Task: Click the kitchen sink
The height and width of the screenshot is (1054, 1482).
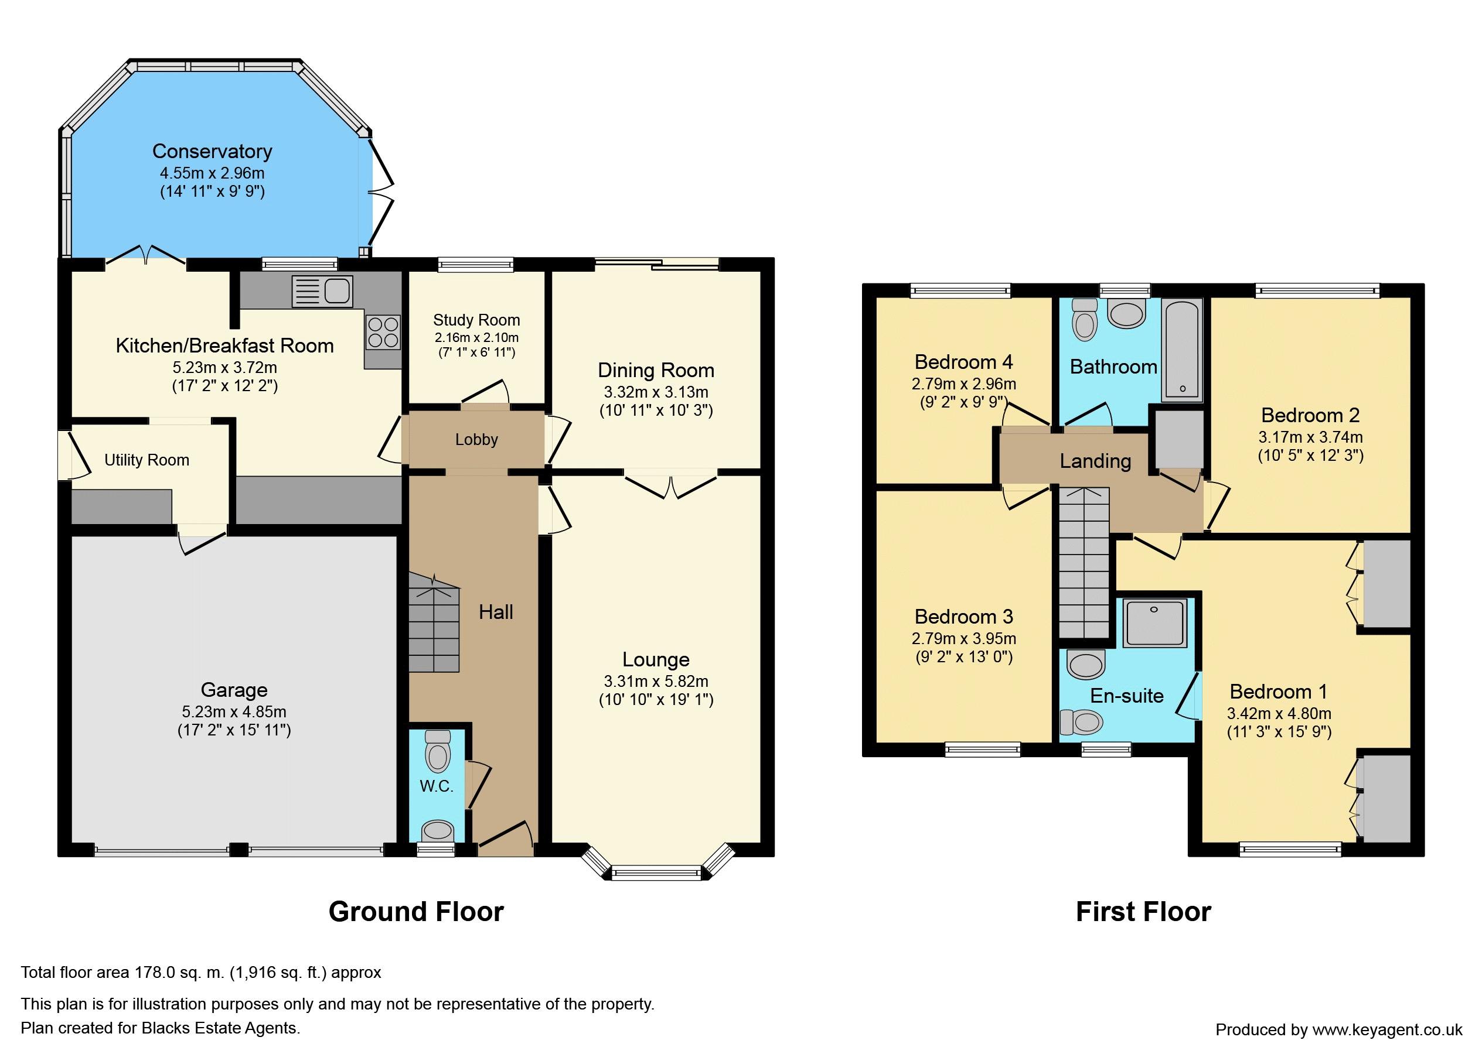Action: point(322,291)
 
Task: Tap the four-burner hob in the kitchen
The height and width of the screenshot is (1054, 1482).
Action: point(383,331)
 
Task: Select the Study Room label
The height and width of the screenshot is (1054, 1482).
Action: point(476,320)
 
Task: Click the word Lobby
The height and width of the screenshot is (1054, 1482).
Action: point(476,439)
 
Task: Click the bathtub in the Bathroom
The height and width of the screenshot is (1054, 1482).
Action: point(1182,348)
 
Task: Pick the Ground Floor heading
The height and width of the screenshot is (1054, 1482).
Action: point(415,912)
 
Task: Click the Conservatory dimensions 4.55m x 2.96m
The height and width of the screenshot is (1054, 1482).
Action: point(212,173)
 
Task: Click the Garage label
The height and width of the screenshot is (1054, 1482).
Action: point(234,690)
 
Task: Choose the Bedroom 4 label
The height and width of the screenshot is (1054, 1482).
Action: point(963,361)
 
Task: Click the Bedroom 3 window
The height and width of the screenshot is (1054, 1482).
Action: point(983,750)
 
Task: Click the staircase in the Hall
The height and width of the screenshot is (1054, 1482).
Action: point(434,622)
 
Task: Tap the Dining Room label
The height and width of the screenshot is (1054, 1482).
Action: point(656,371)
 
